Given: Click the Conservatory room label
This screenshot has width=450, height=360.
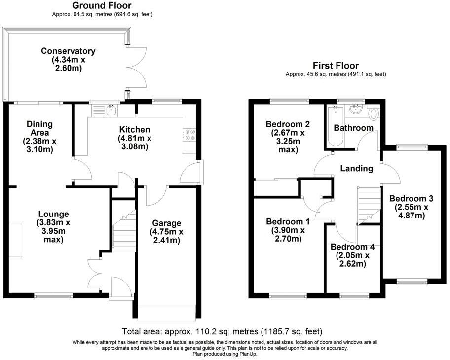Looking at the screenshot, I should click(x=68, y=51).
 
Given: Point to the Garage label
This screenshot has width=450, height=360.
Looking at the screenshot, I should click(x=167, y=223).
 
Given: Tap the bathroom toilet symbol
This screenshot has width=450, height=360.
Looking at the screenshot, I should click(x=373, y=114).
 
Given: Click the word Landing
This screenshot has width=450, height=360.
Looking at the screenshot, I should click(x=357, y=169).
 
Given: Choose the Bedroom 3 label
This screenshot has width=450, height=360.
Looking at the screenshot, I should click(x=411, y=199).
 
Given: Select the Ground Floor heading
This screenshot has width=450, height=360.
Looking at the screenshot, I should click(x=102, y=6).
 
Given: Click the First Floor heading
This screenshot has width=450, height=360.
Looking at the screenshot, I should click(x=336, y=66).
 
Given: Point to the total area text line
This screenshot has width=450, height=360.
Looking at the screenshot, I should click(x=222, y=331).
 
